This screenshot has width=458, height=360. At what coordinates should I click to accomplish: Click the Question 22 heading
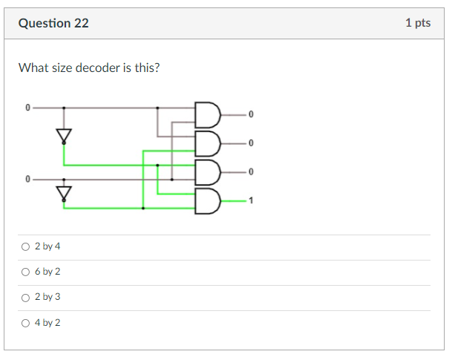pyautogui.click(x=53, y=23)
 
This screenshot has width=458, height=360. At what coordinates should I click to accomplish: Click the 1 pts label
pyautogui.click(x=418, y=23)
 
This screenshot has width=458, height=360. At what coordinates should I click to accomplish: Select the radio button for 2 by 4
pyautogui.click(x=26, y=246)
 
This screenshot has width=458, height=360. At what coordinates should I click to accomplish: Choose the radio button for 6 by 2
pyautogui.click(x=26, y=272)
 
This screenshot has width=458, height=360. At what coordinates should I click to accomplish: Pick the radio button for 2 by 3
pyautogui.click(x=26, y=297)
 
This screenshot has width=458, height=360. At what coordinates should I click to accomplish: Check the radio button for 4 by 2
pyautogui.click(x=26, y=323)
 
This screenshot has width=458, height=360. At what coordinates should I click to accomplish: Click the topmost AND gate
pyautogui.click(x=207, y=114)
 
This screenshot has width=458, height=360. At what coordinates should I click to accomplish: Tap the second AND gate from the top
pyautogui.click(x=207, y=143)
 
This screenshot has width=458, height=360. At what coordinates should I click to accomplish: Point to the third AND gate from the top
pyautogui.click(x=207, y=171)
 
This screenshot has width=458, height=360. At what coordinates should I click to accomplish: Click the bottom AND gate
pyautogui.click(x=207, y=200)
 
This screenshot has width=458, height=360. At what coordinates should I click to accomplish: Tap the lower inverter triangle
pyautogui.click(x=64, y=193)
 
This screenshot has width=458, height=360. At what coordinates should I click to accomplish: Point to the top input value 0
pyautogui.click(x=27, y=108)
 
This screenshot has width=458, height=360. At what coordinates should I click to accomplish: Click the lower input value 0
pyautogui.click(x=27, y=180)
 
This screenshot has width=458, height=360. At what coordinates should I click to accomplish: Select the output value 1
pyautogui.click(x=251, y=200)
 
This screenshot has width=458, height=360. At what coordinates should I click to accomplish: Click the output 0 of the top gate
pyautogui.click(x=251, y=114)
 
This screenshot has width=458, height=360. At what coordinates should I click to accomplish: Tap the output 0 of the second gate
pyautogui.click(x=251, y=143)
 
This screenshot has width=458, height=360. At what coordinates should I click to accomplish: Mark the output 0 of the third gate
pyautogui.click(x=251, y=171)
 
